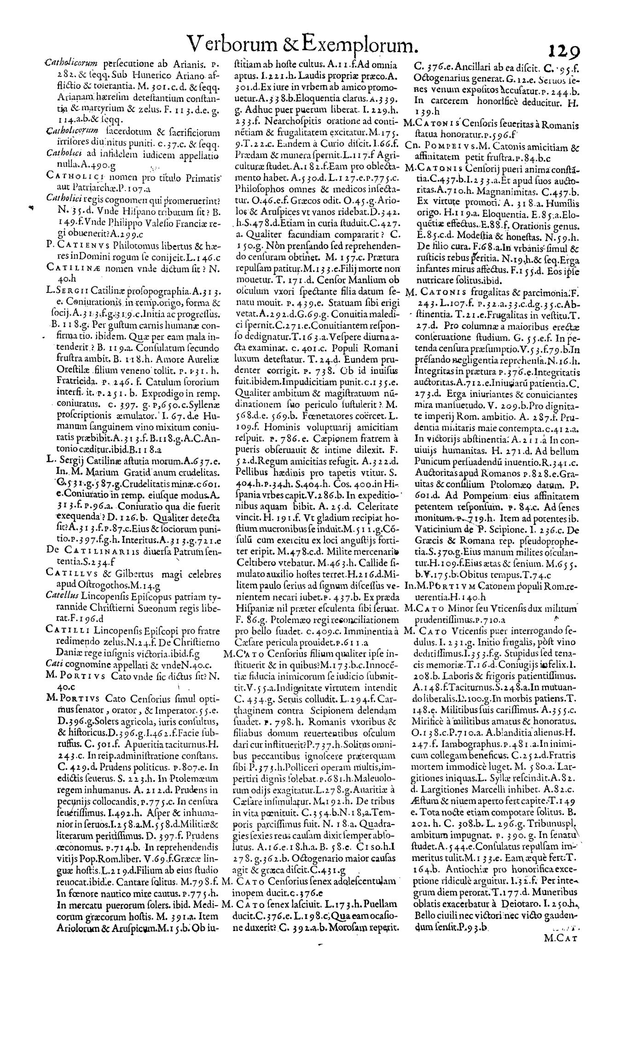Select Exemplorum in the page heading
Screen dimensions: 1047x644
[x=360, y=46]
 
